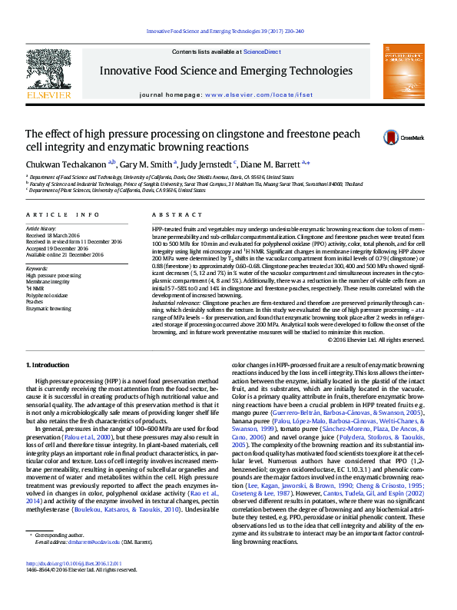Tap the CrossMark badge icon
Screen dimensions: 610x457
[392, 138]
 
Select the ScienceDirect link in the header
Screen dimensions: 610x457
[262, 51]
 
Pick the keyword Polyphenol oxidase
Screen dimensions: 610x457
[47, 294]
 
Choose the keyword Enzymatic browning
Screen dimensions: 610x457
[48, 308]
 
